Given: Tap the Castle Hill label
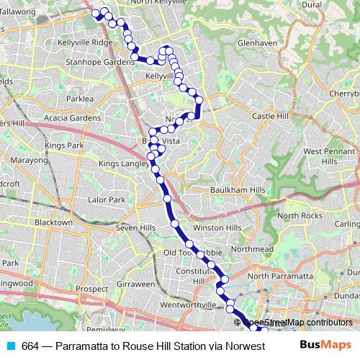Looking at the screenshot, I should click(x=270, y=116).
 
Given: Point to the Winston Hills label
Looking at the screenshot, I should click(x=217, y=228).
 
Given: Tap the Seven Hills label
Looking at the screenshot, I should click(x=136, y=228).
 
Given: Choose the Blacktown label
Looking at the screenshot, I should click(x=54, y=223).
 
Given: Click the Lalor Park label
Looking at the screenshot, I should click(x=106, y=199).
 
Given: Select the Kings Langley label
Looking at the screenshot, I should click(x=123, y=163).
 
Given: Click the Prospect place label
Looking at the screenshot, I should click(x=91, y=289).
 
